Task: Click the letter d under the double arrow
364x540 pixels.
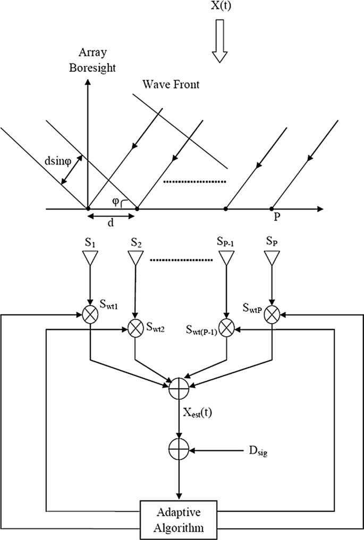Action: [111, 223]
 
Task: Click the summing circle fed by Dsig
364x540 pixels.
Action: [177, 451]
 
